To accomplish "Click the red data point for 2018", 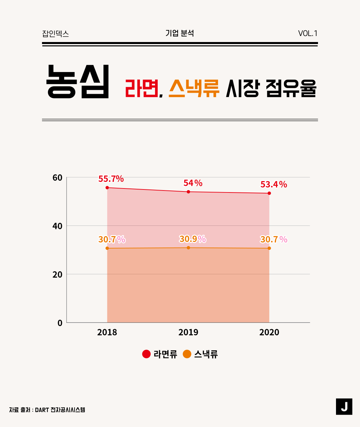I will [107, 187].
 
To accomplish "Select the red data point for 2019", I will [188, 192].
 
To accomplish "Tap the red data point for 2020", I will [269, 193].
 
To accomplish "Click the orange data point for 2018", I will [107, 248].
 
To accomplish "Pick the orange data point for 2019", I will [188, 248].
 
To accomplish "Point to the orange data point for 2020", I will [269, 248].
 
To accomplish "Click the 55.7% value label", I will [111, 179].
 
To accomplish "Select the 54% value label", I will [193, 183].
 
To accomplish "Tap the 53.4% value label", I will [274, 184].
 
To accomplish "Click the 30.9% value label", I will [193, 239].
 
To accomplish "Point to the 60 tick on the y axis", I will [58, 177].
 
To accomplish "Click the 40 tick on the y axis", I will [58, 226].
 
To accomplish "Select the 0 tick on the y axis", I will [60, 323].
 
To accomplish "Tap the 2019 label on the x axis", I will [188, 332].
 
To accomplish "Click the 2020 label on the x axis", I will [269, 332].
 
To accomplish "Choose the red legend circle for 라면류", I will [146, 354].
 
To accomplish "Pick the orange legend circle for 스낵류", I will [187, 354].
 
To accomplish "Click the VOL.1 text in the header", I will [308, 33].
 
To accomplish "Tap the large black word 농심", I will [78, 82].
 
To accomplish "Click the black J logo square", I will [344, 406].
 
